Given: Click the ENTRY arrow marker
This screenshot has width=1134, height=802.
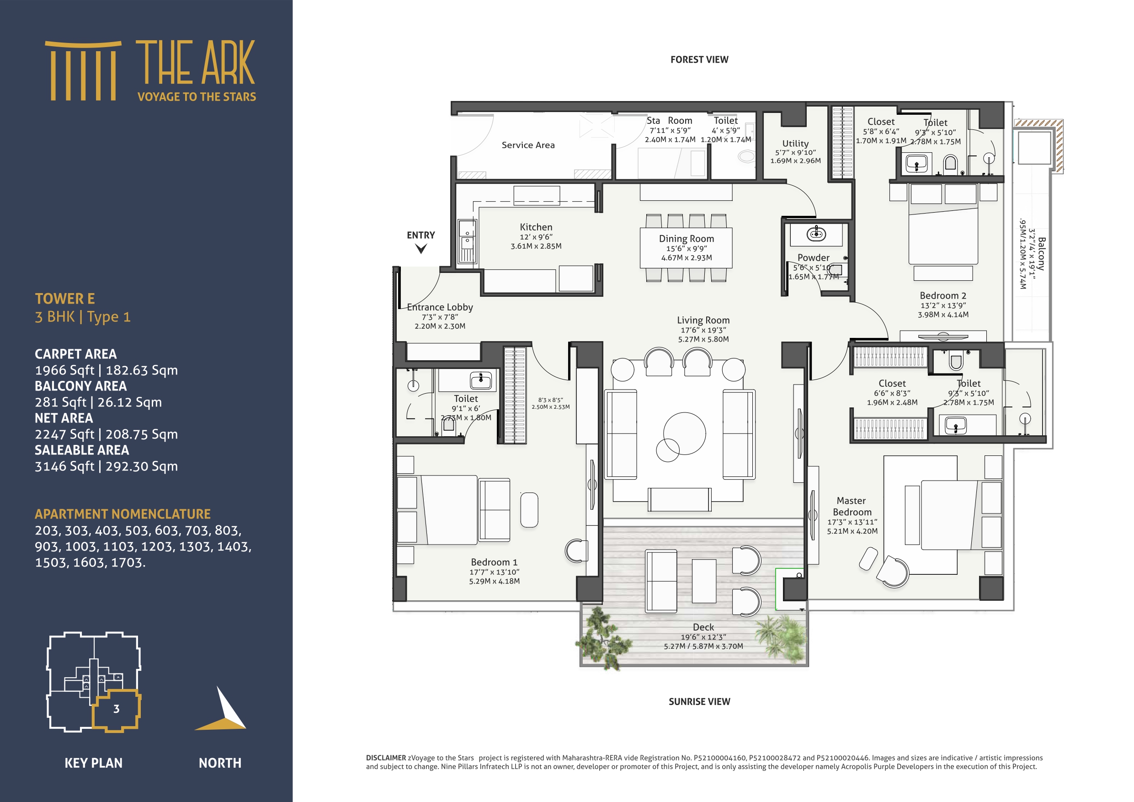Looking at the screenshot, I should tap(421, 249).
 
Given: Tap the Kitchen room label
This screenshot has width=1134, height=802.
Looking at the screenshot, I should tap(536, 227).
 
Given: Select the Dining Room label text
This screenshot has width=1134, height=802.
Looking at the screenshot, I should tap(686, 239).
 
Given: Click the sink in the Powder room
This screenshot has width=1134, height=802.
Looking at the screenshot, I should tap(816, 233).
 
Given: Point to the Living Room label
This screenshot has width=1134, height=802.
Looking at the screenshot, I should tap(703, 320).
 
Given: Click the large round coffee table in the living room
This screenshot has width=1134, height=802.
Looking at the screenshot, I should tap(685, 433).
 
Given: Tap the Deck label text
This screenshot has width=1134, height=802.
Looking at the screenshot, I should tap(703, 627).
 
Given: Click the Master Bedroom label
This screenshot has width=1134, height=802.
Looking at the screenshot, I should tap(852, 507).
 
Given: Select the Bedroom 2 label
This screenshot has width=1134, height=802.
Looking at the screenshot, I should tap(942, 295).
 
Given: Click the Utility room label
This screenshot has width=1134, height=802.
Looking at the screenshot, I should tap(795, 143).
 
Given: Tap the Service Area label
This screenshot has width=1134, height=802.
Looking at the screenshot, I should tap(528, 145).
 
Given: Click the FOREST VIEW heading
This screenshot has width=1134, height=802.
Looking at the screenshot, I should tap(699, 60).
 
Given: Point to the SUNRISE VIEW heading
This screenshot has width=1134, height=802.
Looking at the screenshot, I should tap(699, 702).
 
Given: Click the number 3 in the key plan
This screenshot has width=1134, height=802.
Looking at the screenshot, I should tap(117, 709).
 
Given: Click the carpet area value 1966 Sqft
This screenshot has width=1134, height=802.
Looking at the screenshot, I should tap(65, 370).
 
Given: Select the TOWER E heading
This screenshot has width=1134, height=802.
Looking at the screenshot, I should tap(65, 299).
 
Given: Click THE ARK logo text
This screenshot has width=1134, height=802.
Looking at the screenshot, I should tap(196, 63).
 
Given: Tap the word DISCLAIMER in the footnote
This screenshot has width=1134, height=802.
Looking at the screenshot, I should tap(386, 758).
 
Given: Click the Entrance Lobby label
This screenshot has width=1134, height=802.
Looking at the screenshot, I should tap(440, 307).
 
